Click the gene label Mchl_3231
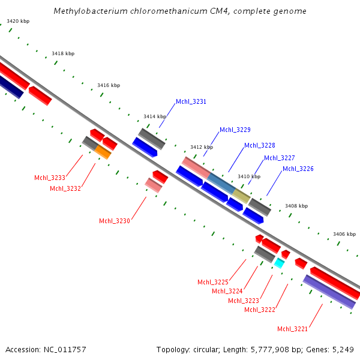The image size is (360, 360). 191,102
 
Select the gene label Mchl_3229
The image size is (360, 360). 235,130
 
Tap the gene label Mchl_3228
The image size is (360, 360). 259,146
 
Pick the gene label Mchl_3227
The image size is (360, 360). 279,158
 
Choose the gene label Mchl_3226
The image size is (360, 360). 298,169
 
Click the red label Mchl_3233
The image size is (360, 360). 49,178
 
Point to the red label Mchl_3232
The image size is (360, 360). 65,188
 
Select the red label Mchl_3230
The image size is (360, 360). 114,221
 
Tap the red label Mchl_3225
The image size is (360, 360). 212,282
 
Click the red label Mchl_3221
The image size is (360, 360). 292,329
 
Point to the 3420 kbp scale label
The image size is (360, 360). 18,22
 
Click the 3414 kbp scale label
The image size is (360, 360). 154,116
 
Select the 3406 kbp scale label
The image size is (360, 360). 344,234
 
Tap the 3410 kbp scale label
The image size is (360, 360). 249,176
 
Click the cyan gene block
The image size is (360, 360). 279,262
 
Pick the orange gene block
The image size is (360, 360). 103,152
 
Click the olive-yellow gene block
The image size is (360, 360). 241,196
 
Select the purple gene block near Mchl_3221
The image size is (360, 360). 329,292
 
